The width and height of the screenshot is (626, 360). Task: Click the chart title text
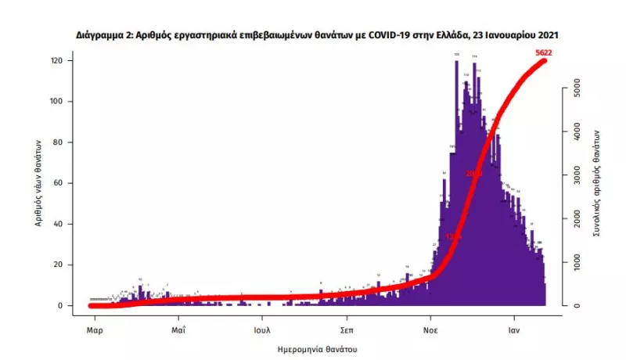point(317,36)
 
